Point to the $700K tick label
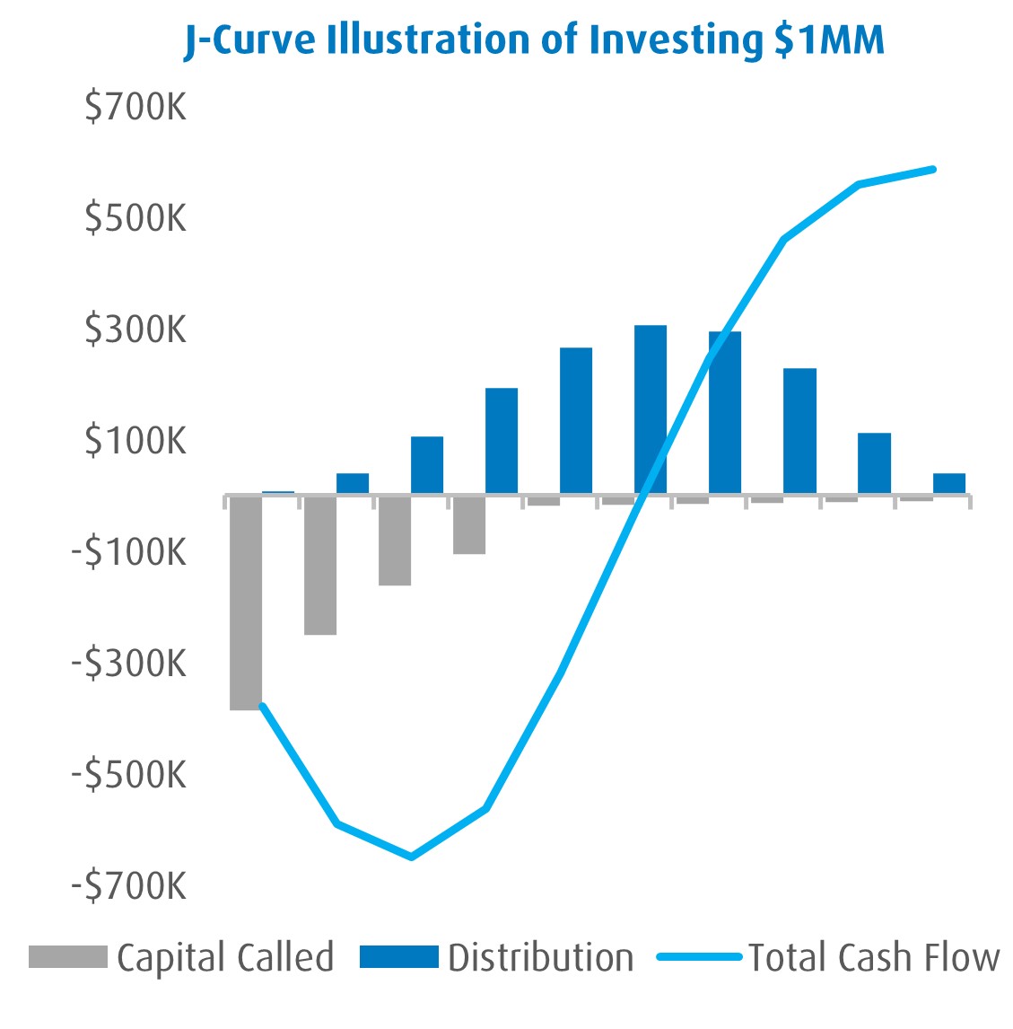[x=136, y=108]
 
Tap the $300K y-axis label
[x=136, y=330]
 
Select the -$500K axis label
[x=131, y=774]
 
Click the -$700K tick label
[x=131, y=886]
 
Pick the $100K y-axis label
[x=136, y=441]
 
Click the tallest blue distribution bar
[x=651, y=409]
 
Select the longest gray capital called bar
[x=246, y=602]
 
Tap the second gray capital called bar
[x=320, y=565]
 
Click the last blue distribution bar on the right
[x=948, y=483]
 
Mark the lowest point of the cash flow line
[x=412, y=857]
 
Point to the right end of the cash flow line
[x=933, y=169]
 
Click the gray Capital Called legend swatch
[x=67, y=957]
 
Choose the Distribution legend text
[x=541, y=957]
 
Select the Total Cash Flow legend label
[x=874, y=957]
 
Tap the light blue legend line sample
[x=700, y=957]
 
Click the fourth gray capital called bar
[x=469, y=524]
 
